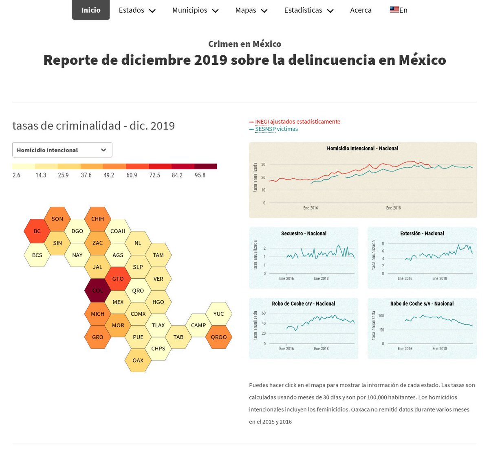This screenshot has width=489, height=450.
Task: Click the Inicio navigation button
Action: tap(91, 10)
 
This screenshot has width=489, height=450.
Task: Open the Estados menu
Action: tap(137, 10)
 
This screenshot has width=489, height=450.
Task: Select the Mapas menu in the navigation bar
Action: tap(251, 10)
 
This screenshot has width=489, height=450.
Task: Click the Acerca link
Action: tap(361, 10)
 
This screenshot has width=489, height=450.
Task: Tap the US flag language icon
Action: tap(394, 10)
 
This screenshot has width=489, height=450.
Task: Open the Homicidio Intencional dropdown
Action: tap(62, 150)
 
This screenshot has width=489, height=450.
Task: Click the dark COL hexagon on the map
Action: tap(97, 291)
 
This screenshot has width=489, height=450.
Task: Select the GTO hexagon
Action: tap(118, 279)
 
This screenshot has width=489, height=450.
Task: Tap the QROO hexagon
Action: tap(219, 337)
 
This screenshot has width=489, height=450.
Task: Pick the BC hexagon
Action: tap(37, 231)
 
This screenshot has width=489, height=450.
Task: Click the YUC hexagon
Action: tap(219, 314)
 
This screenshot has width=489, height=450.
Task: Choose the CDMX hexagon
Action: tap(138, 314)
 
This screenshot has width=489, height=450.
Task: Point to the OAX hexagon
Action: tap(138, 360)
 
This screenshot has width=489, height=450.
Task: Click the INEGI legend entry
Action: tap(297, 122)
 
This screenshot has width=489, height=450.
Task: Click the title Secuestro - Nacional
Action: tap(304, 234)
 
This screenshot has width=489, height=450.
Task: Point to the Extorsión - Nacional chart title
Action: tap(422, 234)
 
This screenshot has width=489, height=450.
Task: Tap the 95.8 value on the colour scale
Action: tap(200, 175)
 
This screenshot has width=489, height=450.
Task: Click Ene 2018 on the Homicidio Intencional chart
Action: tap(393, 208)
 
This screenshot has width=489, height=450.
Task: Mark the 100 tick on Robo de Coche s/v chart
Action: tap(381, 316)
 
